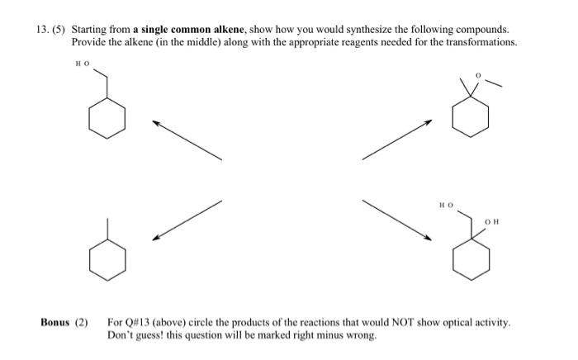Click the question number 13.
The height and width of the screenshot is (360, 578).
click(x=41, y=27)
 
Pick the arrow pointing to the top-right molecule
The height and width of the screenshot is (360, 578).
click(x=397, y=140)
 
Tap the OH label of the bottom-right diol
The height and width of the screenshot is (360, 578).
click(x=492, y=221)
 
